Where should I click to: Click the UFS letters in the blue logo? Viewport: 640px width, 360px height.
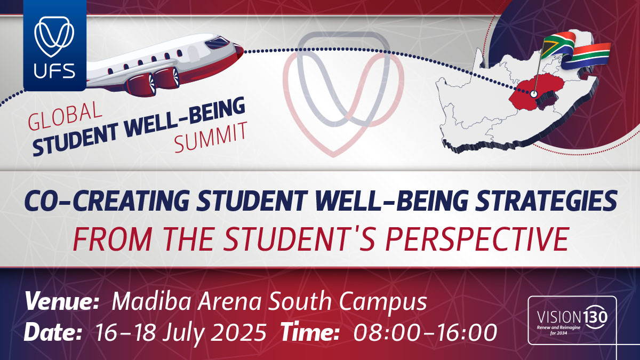pos(54,71)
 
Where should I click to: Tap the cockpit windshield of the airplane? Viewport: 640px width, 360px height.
pos(217,43)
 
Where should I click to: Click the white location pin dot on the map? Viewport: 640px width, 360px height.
pos(533,94)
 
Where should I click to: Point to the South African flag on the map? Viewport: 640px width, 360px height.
pos(574,51)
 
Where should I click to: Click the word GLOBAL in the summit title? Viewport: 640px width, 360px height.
pos(65,117)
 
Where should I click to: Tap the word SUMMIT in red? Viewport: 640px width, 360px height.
pos(211,137)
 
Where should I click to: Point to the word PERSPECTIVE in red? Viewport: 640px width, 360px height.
pos(477,239)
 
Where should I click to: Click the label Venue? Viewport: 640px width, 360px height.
pos(62,302)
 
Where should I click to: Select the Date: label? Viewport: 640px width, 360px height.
pos(53,332)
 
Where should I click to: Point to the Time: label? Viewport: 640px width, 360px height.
pos(309,332)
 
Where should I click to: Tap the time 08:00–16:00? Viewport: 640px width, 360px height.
pos(425,332)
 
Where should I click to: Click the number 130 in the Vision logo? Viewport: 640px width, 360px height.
pos(595,317)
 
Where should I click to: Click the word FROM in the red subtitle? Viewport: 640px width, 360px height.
pos(111,239)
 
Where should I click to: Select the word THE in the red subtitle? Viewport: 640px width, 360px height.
pos(189,239)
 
